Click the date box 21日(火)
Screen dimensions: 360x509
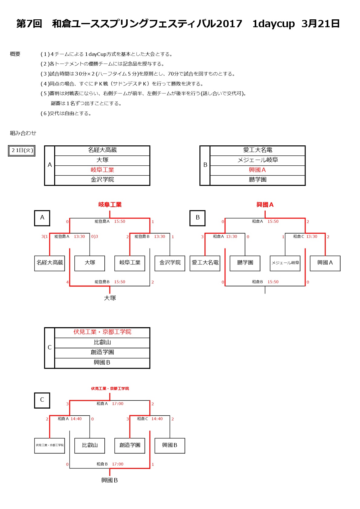[x=21, y=151]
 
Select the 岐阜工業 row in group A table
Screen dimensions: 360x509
[x=102, y=170]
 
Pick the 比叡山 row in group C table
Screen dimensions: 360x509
[x=102, y=342]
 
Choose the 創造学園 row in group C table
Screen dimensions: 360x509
[x=102, y=353]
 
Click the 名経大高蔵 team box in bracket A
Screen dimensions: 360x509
[x=50, y=263]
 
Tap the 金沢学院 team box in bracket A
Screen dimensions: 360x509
[x=170, y=263]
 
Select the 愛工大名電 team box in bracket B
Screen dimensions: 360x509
[x=205, y=263]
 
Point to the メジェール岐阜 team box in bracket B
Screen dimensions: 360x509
[x=285, y=263]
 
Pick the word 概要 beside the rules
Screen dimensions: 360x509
[x=15, y=54]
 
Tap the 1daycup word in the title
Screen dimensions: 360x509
[x=273, y=24]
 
